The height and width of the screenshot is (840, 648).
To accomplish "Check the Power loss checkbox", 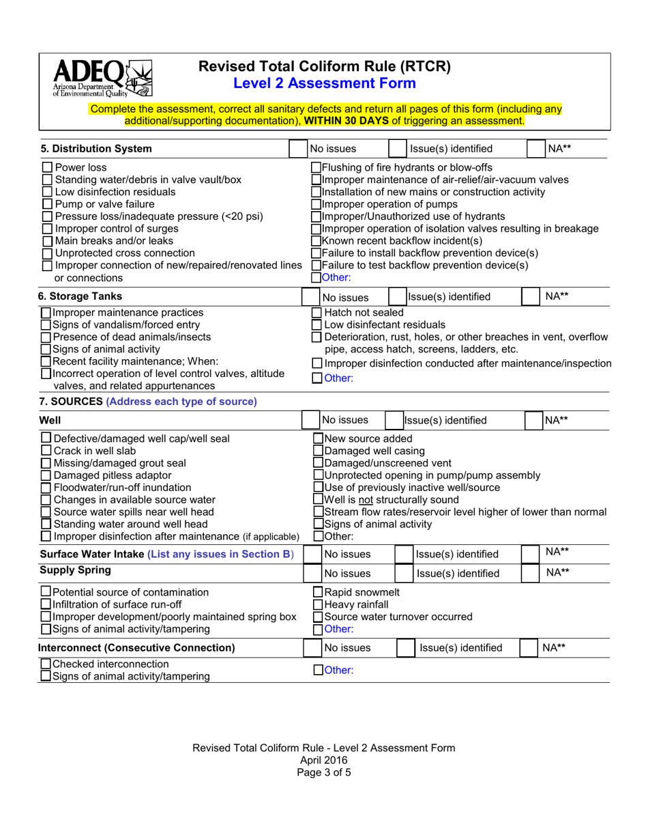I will pyautogui.click(x=47, y=167).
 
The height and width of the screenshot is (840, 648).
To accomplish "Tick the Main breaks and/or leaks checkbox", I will pyautogui.click(x=47, y=241).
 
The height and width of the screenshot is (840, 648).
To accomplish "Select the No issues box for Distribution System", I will pyautogui.click(x=297, y=149).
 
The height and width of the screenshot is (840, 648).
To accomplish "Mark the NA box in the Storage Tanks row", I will pyautogui.click(x=532, y=296).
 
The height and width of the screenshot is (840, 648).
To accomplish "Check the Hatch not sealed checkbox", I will pyautogui.click(x=316, y=312).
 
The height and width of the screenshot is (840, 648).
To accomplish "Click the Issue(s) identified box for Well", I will pyautogui.click(x=394, y=420).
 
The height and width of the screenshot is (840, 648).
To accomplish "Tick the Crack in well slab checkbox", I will pyautogui.click(x=46, y=451).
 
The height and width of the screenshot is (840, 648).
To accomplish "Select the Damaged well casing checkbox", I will pyautogui.click(x=318, y=451).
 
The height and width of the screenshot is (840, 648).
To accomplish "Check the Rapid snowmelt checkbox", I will pyautogui.click(x=318, y=592).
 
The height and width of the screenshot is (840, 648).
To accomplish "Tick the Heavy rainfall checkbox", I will pyautogui.click(x=318, y=604).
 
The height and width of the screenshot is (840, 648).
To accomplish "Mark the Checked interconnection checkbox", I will pyautogui.click(x=46, y=664).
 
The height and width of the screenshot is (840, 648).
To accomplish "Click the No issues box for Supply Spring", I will pyautogui.click(x=312, y=573).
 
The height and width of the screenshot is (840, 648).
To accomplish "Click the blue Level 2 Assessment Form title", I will pyautogui.click(x=324, y=83).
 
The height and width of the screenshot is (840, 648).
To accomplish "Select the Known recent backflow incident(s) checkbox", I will pyautogui.click(x=316, y=241).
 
